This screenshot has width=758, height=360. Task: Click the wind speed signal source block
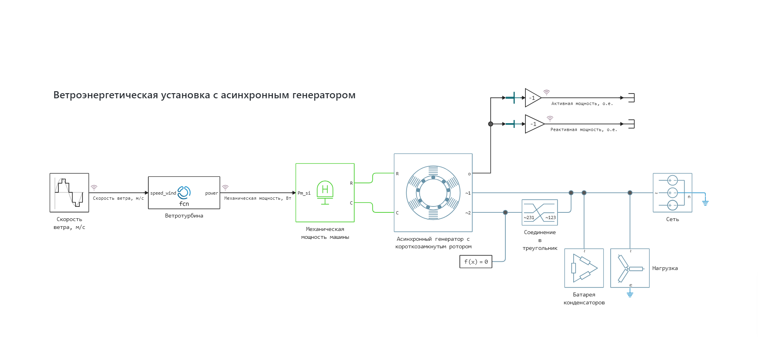(x=69, y=193)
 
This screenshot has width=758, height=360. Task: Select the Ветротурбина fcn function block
(x=184, y=193)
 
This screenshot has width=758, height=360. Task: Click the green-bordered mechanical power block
(x=325, y=193)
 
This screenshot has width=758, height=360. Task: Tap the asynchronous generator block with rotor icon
(x=433, y=193)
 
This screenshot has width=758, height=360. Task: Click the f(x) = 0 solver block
(x=476, y=262)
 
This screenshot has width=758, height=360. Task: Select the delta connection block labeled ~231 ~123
(x=540, y=212)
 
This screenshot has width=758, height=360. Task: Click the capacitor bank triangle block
(x=584, y=268)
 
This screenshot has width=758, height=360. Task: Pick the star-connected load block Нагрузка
(x=630, y=268)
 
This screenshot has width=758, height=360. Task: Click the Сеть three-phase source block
(x=672, y=193)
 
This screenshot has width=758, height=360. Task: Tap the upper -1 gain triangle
(x=532, y=98)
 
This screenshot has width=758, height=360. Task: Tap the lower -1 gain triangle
(x=533, y=124)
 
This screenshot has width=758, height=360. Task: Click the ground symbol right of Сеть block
(x=705, y=203)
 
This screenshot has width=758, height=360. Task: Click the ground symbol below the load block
(x=630, y=294)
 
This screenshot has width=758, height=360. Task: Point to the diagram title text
(x=204, y=95)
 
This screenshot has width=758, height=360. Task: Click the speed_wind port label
(x=163, y=193)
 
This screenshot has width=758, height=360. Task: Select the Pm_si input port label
(x=304, y=193)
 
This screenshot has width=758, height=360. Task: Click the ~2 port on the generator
(x=468, y=213)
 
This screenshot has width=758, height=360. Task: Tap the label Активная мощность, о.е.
(x=582, y=103)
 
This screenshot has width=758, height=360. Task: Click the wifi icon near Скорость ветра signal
(x=94, y=187)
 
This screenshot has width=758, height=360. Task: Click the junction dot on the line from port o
(x=491, y=124)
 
